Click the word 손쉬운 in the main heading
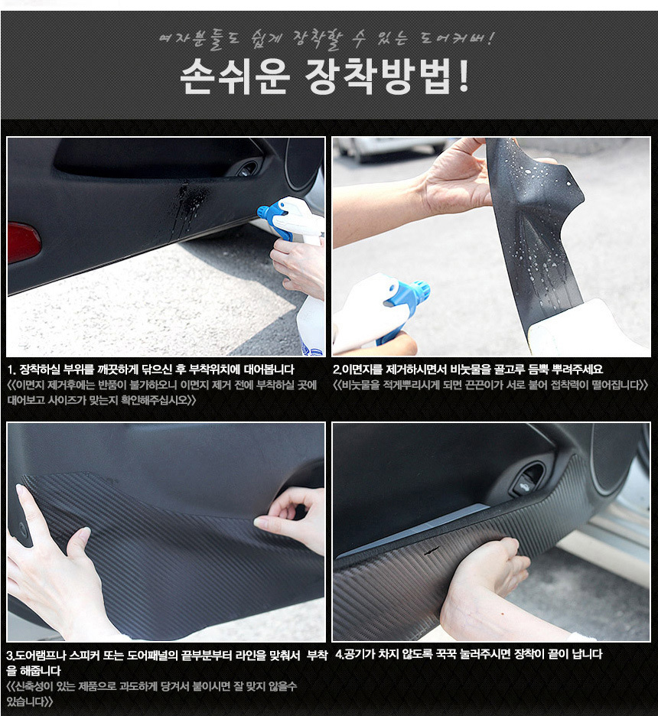235,76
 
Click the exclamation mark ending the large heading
463,76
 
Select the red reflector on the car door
23,242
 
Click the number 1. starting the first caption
11,369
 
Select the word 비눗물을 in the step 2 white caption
471,369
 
